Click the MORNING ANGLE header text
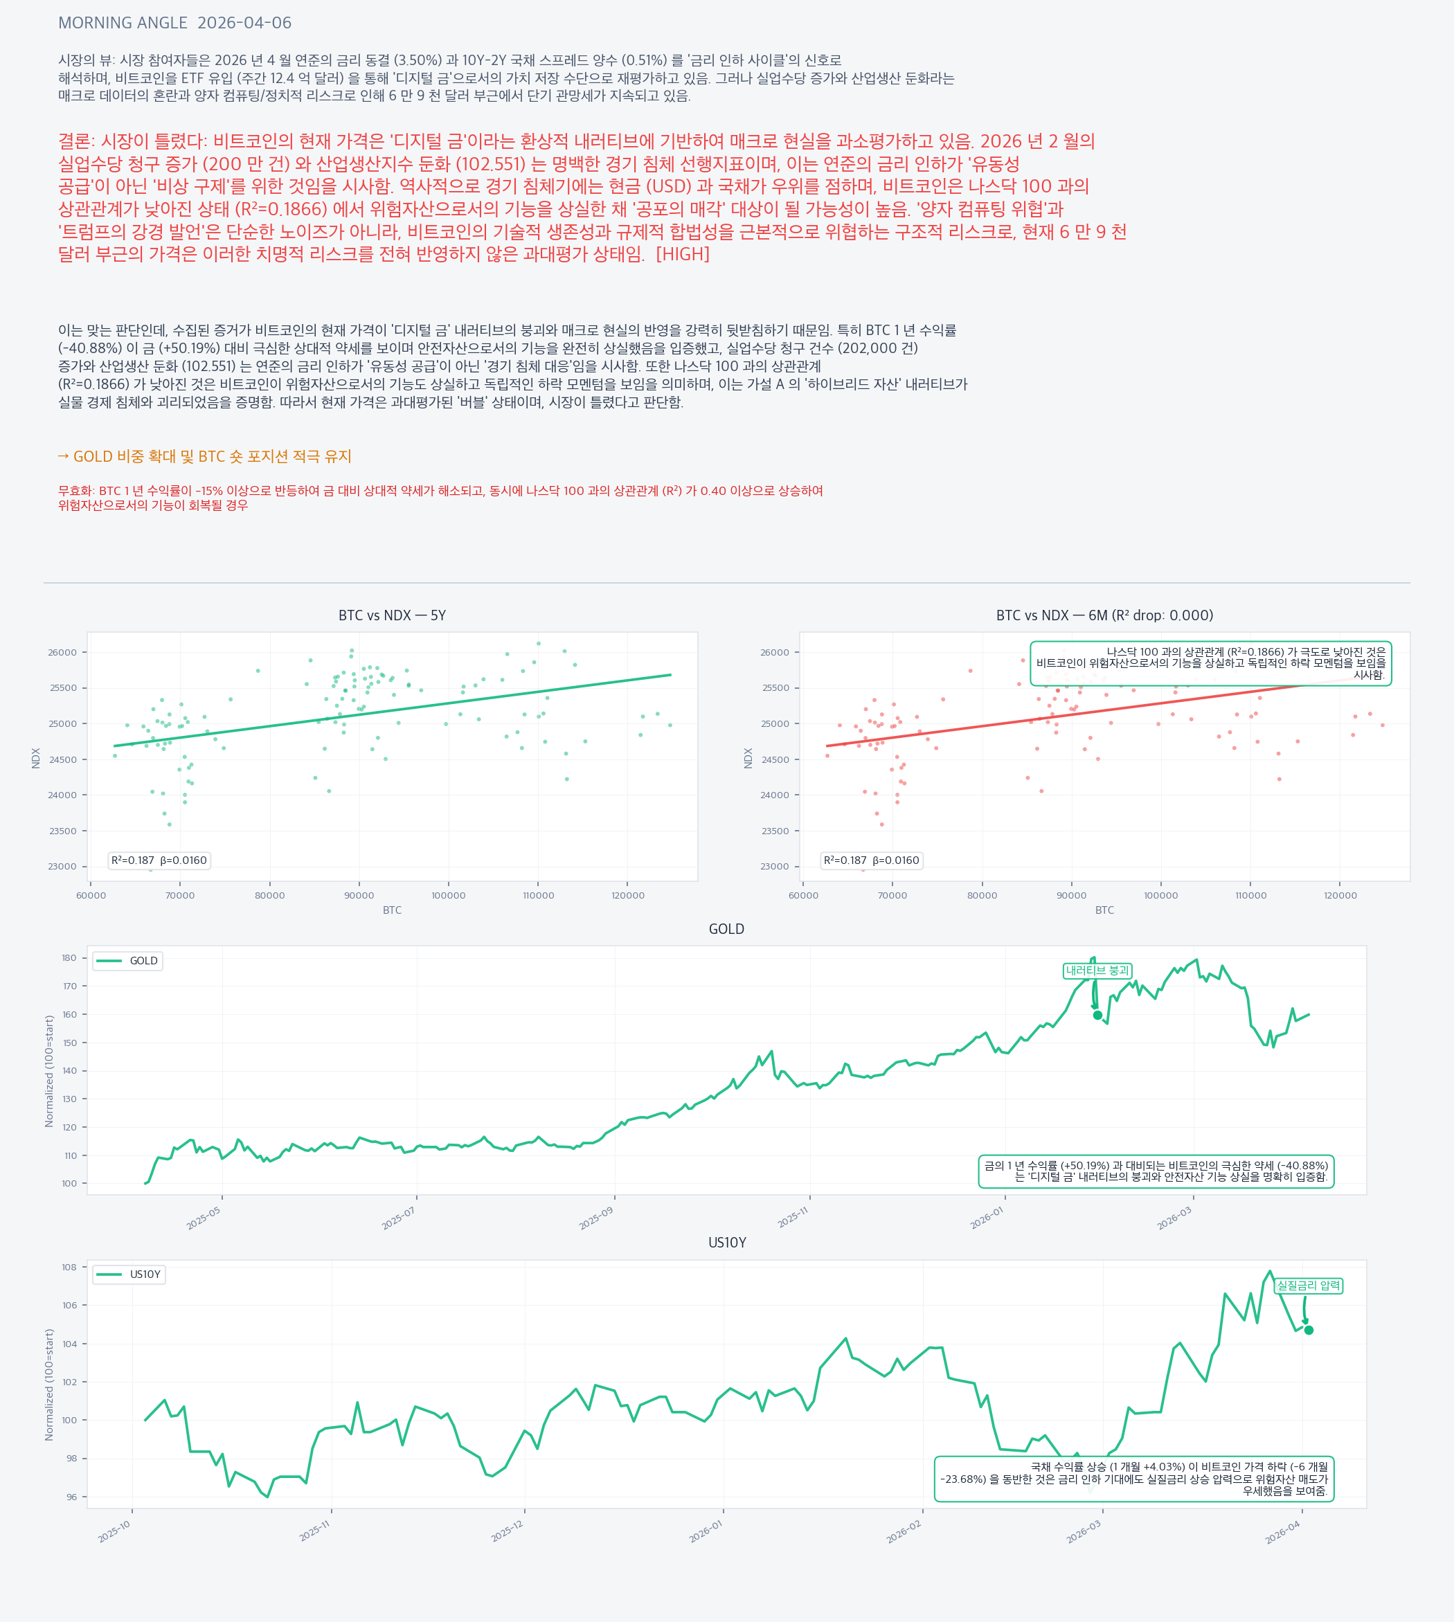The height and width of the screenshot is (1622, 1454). [x=123, y=23]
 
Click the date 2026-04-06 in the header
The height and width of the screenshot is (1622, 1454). [x=244, y=23]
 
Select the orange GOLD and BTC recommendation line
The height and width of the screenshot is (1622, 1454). [x=204, y=456]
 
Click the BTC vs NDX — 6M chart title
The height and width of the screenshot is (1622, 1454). [x=1104, y=615]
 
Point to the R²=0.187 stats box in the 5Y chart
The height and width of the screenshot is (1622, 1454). [x=159, y=860]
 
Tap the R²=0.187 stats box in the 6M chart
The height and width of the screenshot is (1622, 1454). [x=872, y=860]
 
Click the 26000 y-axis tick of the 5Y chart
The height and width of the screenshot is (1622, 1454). [x=62, y=653]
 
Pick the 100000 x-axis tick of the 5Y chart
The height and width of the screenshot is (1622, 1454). [x=448, y=895]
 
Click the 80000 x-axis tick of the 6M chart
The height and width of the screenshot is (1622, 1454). [x=982, y=895]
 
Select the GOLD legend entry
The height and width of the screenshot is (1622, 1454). [x=128, y=961]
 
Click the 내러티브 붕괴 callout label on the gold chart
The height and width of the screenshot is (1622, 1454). [x=1097, y=971]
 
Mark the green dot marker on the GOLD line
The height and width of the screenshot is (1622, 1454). [x=1097, y=1015]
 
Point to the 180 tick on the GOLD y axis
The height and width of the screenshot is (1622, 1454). [x=69, y=958]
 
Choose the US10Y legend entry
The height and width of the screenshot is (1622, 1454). [x=129, y=1274]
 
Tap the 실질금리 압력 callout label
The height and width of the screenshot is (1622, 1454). [x=1308, y=1285]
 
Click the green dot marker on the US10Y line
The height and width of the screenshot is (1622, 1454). [x=1309, y=1330]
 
